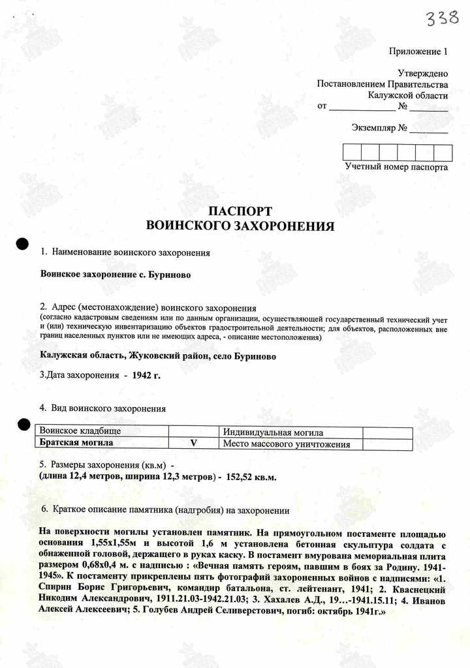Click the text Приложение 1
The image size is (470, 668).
coord(418,51)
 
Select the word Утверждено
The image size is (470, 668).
coord(422,74)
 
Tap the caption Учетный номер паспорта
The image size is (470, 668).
coord(396,167)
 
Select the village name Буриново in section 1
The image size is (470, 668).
coord(168,275)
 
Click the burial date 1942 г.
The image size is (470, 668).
coord(146,376)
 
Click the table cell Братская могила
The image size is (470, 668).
coord(76,443)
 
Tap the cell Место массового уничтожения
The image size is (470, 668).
coord(287,444)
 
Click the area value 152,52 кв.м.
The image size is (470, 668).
coord(251,478)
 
